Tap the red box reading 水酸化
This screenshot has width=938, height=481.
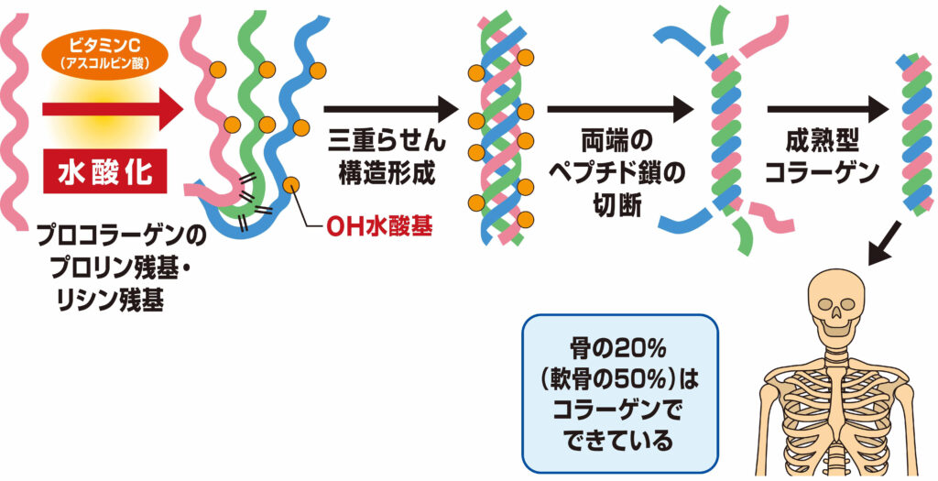(x=104, y=173)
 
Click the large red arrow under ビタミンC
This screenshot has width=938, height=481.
(x=113, y=109)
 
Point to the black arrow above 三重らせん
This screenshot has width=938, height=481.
(x=391, y=109)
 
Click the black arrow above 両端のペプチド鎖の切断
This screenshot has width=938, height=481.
(x=620, y=109)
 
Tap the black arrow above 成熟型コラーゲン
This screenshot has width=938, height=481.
(x=828, y=109)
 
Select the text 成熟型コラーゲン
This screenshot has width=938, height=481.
(x=823, y=158)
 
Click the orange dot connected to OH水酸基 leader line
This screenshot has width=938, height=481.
(x=290, y=184)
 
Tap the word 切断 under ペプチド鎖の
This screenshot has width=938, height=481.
(x=618, y=206)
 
